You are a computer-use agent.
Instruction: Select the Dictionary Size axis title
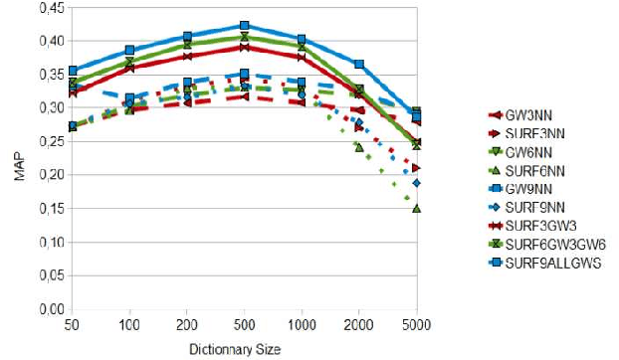click(244, 349)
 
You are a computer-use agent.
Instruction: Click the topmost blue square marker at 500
click(244, 26)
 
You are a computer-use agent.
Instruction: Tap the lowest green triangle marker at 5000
click(417, 209)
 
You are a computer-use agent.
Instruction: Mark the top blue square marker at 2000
click(359, 64)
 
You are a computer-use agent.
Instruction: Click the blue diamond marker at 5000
click(417, 183)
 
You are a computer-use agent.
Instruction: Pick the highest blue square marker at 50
click(72, 71)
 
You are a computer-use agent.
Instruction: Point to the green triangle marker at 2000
click(359, 147)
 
